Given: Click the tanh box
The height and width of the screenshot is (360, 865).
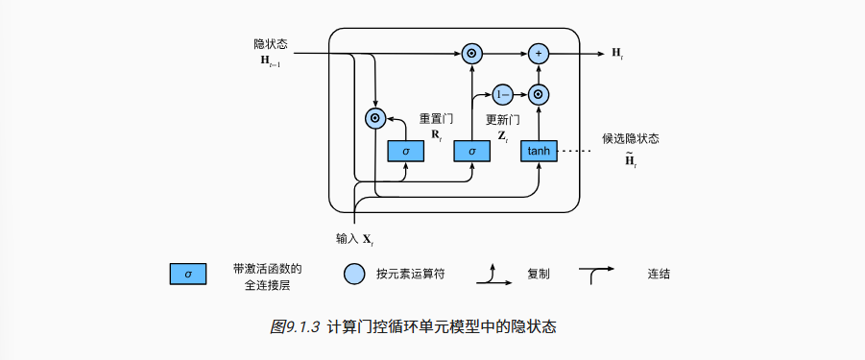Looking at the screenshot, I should click(539, 151).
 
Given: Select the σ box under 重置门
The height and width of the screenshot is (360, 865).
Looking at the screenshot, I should click(405, 151).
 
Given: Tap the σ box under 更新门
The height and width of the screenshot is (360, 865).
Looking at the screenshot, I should click(471, 151).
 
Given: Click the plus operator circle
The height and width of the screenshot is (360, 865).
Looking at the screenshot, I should click(539, 54).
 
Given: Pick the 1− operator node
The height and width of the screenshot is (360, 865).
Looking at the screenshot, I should click(503, 94).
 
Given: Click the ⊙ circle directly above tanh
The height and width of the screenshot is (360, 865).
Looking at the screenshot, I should click(539, 94).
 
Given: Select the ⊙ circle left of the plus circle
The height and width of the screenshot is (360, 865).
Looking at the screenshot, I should click(471, 54).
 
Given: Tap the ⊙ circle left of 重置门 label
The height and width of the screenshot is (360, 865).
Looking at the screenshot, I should click(375, 118).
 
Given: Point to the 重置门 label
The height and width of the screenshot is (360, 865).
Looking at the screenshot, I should click(435, 120).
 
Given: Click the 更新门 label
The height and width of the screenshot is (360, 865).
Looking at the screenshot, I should click(502, 120).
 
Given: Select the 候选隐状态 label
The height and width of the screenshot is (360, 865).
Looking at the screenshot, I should click(630, 138).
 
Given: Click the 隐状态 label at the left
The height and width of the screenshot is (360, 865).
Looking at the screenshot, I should click(271, 44).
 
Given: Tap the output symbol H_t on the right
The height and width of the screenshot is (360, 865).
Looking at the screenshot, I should click(616, 54).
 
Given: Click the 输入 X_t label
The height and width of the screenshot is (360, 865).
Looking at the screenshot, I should click(354, 237).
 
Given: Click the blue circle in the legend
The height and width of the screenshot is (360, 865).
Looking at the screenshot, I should click(355, 274).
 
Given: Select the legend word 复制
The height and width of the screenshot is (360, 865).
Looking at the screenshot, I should click(538, 274).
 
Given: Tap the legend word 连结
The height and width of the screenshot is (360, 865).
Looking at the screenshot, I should click(659, 274).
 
